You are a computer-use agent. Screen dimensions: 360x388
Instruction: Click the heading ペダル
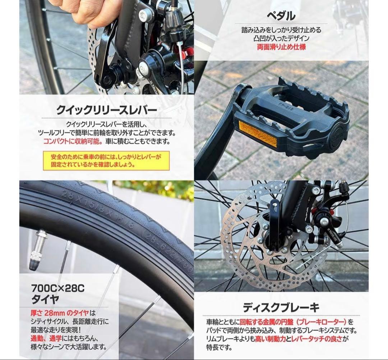point(281,16)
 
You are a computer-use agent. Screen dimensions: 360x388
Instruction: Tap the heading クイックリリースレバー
point(106,110)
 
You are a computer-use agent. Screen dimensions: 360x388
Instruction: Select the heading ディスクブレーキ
point(281,308)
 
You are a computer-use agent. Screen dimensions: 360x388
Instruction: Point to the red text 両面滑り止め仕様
point(281,47)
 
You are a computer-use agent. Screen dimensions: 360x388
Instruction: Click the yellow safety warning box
point(106,160)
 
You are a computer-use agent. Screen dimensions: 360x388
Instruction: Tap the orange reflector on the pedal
point(258,134)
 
